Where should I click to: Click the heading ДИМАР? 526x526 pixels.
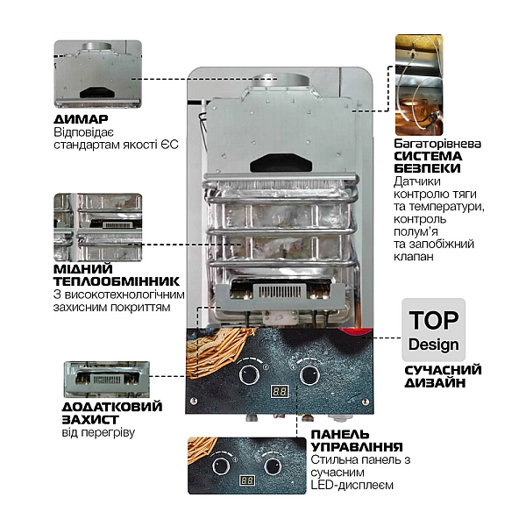(x=81, y=119)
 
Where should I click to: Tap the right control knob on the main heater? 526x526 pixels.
(x=309, y=374)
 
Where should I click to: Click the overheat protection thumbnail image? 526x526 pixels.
(x=106, y=380)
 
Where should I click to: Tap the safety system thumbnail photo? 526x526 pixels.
(x=417, y=83)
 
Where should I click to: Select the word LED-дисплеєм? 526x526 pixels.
(x=352, y=486)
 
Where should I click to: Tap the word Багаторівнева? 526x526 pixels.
(x=437, y=141)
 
